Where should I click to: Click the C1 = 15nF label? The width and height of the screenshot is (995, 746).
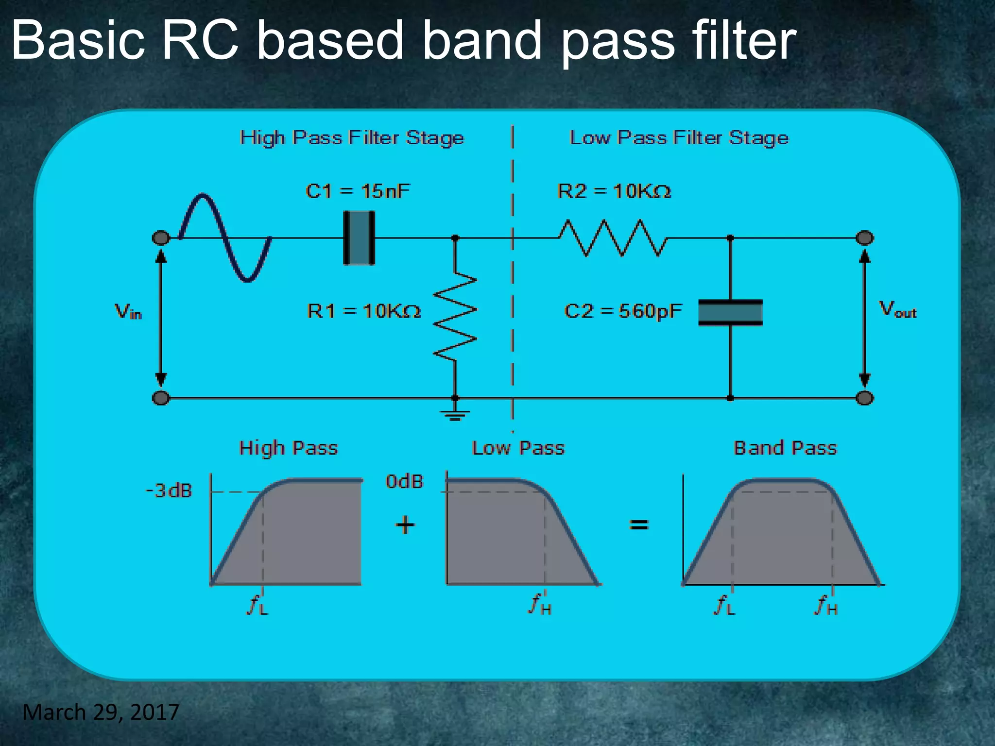[358, 191]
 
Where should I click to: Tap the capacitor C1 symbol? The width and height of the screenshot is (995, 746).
[359, 238]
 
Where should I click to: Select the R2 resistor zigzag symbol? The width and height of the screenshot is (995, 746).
[613, 238]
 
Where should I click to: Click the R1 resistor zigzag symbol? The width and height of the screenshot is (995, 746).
[455, 317]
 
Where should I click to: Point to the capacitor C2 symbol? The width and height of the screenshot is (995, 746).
[730, 312]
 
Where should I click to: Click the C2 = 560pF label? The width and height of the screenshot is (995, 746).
[623, 311]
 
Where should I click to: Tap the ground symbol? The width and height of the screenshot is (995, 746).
[455, 414]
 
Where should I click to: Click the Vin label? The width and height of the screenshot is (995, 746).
[128, 311]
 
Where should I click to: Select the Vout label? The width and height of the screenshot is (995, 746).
[897, 310]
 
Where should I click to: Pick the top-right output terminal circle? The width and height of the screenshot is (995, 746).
[865, 238]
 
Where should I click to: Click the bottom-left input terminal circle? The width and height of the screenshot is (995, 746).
[161, 398]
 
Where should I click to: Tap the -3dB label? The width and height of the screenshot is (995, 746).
[169, 491]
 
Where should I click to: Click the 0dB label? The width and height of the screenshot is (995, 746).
[405, 482]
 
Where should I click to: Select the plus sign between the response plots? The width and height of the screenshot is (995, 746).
[405, 525]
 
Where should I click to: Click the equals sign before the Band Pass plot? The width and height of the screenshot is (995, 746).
[639, 525]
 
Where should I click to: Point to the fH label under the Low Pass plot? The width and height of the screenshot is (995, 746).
[540, 605]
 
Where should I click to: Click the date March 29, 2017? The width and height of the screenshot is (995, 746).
[101, 712]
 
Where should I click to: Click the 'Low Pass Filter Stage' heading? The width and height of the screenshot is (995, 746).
[679, 138]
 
